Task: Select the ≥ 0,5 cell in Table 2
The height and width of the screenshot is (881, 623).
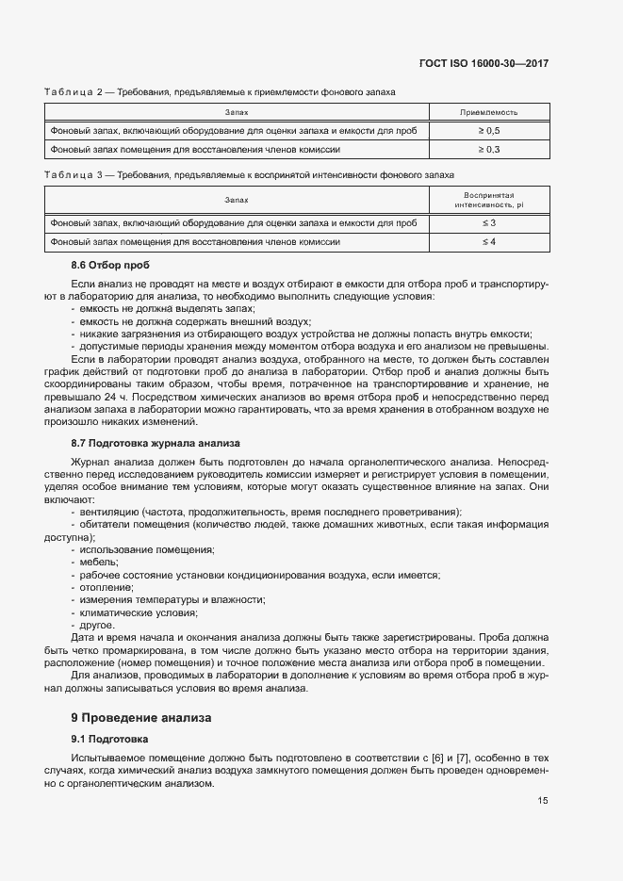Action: click(x=488, y=130)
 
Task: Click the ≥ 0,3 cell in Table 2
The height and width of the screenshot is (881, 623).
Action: click(x=488, y=149)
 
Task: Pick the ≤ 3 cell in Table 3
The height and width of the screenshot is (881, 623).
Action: click(x=488, y=222)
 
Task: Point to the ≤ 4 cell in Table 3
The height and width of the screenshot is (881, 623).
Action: click(x=488, y=242)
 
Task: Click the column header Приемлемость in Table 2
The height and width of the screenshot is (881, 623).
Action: click(x=488, y=112)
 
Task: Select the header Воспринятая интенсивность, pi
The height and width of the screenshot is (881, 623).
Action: click(x=488, y=199)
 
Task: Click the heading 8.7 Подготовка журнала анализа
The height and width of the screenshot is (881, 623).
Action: click(x=156, y=443)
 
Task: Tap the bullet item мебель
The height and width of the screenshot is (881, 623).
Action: click(x=99, y=562)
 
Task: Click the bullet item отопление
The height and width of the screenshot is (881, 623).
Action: click(x=106, y=587)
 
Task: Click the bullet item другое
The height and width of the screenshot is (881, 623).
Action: click(x=97, y=625)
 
